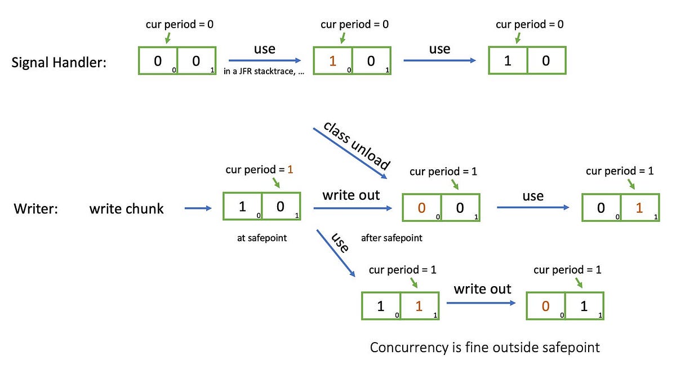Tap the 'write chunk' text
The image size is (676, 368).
(x=126, y=209)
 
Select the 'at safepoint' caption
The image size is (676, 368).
(x=262, y=238)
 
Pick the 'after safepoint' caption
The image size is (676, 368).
(x=392, y=238)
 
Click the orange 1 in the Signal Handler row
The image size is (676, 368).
(x=332, y=60)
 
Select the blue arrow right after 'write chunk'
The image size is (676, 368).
(x=198, y=208)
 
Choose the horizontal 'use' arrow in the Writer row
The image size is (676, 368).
(x=532, y=208)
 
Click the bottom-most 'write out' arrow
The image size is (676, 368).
(x=482, y=304)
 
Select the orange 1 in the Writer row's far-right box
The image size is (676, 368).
(x=639, y=208)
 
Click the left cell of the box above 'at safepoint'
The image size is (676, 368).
(x=243, y=207)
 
